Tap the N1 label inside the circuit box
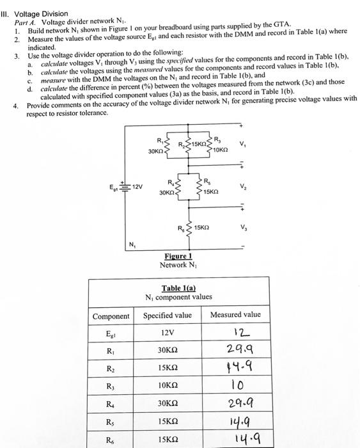point(132,244)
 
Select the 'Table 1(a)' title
point(179,288)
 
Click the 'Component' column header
point(111,316)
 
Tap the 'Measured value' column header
point(235,315)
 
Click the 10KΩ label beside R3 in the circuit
point(222,148)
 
